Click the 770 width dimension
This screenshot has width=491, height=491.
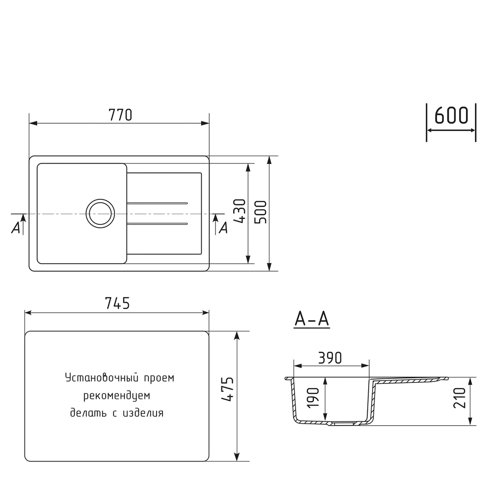click(x=120, y=115)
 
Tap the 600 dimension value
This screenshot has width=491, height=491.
click(x=451, y=116)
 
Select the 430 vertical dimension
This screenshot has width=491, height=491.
click(x=239, y=211)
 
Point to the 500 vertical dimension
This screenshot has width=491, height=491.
click(x=260, y=212)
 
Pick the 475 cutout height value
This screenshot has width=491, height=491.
click(x=227, y=390)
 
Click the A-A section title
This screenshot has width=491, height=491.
click(x=311, y=320)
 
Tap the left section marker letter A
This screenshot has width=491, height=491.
click(x=16, y=228)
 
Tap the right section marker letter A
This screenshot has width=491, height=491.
click(x=223, y=228)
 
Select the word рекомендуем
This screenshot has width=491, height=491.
click(x=116, y=396)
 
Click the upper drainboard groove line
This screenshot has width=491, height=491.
click(x=157, y=203)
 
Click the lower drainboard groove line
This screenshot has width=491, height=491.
click(x=157, y=224)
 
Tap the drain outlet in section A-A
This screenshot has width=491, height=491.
click(x=344, y=423)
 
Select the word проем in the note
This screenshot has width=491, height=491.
click(x=159, y=379)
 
